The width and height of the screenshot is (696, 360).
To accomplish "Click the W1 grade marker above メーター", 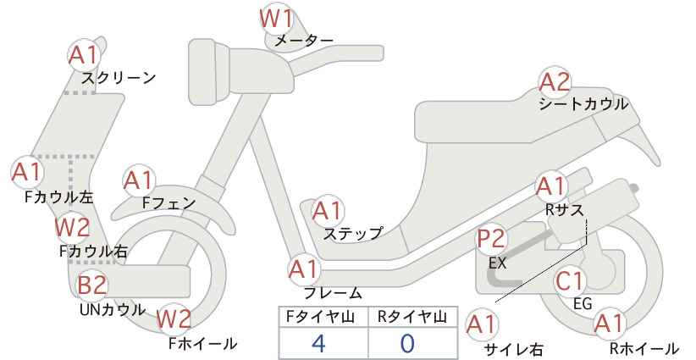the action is coord(276,19).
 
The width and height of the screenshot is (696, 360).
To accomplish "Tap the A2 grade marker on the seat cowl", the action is coord(555,82).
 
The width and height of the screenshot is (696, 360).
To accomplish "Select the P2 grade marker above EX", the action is coord(491,239).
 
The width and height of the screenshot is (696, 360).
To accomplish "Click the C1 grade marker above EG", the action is coord(570,281).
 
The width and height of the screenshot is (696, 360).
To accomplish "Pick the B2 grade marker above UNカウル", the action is coord(92,285).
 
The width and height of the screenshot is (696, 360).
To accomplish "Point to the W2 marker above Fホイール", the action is coord(174,318).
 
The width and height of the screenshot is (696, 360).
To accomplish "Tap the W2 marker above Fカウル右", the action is coord(72,227).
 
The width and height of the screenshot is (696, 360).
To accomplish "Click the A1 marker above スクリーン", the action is coord(83,56).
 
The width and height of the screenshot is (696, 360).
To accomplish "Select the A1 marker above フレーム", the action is coord(304,269).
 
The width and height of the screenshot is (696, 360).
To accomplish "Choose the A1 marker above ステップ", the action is coord(328,211).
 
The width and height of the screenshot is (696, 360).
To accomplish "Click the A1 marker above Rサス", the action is coord(550,186).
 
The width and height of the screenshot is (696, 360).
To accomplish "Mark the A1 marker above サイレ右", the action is coord(481,324).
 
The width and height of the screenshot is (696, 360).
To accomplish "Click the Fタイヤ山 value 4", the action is coord(318,343).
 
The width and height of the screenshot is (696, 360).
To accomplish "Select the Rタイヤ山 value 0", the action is coord(407,343).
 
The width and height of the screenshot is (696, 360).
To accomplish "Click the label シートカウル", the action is coord(583,104).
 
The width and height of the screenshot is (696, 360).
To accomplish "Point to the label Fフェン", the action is coord(168,202).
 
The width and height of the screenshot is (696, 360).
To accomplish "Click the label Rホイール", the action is coord(644,348).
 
